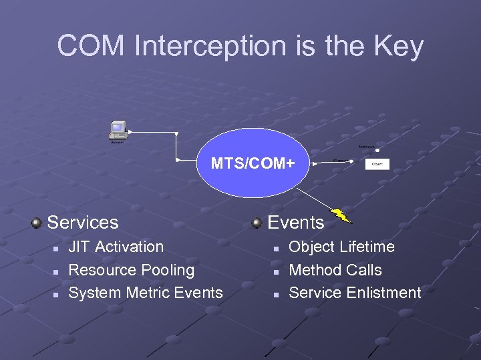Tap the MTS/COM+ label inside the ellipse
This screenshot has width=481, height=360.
pyautogui.click(x=253, y=163)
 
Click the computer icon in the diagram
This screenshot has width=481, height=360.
pyautogui.click(x=118, y=130)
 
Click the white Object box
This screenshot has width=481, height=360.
pyautogui.click(x=377, y=164)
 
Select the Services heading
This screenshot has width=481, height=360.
pyautogui.click(x=83, y=222)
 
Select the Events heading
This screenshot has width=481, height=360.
pyautogui.click(x=296, y=222)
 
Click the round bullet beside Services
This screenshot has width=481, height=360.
pyautogui.click(x=37, y=222)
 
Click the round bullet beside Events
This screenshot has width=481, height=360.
pyautogui.click(x=257, y=222)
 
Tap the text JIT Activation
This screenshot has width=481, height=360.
pyautogui.click(x=116, y=247)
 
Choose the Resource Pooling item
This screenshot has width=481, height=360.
pyautogui.click(x=132, y=270)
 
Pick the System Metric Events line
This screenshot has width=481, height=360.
pyautogui.click(x=146, y=293)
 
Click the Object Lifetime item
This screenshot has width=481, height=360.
pyautogui.click(x=341, y=247)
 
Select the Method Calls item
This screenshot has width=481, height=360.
pyautogui.click(x=335, y=270)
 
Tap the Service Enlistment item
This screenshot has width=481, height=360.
pyautogui.click(x=355, y=293)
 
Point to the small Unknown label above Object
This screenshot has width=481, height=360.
pyautogui.click(x=366, y=145)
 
